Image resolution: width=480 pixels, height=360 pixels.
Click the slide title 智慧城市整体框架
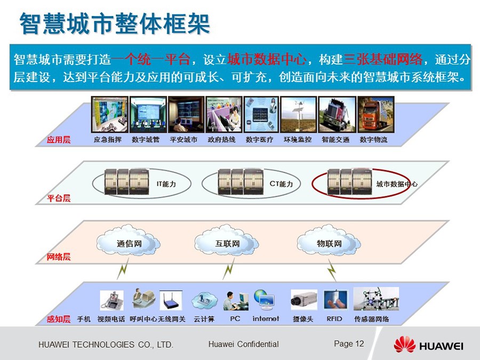(x=115, y=23)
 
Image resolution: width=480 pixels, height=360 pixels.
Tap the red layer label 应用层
(x=59, y=140)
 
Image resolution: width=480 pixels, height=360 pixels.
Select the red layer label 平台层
(x=59, y=198)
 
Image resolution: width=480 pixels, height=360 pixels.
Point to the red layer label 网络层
(x=59, y=257)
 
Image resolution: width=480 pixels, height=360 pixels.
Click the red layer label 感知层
(x=59, y=319)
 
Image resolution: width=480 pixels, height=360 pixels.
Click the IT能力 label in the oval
(x=166, y=184)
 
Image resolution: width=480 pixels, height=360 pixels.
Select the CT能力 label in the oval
(x=281, y=184)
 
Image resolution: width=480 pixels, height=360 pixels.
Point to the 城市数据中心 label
(x=397, y=184)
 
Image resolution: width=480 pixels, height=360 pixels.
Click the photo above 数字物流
(x=375, y=115)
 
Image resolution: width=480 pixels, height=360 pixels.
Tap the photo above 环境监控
(x=299, y=115)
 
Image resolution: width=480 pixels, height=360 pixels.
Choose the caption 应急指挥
(x=107, y=140)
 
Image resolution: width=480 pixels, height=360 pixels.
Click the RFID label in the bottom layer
(x=334, y=319)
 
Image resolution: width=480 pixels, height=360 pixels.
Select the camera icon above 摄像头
(x=303, y=300)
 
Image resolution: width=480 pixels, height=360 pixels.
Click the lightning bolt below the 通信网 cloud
(x=123, y=268)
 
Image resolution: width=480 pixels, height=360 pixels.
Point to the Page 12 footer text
(x=349, y=344)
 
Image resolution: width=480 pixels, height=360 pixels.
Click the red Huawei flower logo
(x=404, y=345)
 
